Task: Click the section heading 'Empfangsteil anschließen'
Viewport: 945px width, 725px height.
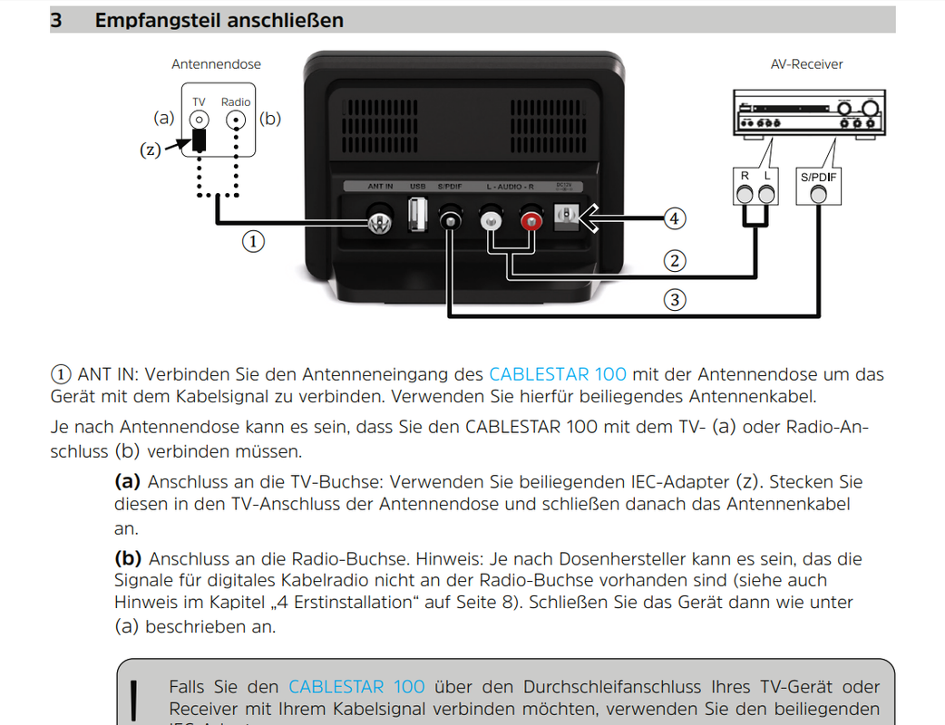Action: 219,20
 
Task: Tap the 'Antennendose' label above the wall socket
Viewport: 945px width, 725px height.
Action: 216,64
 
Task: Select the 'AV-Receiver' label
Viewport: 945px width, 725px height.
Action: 805,64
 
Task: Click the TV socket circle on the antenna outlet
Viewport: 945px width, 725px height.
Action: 199,120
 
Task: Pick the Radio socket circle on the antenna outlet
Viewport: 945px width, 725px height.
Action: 236,120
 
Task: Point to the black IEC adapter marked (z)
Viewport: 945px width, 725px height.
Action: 199,140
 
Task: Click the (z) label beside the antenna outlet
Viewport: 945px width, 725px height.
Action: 151,150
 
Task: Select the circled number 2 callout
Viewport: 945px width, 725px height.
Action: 674,261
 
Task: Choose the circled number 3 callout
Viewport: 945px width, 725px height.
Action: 674,299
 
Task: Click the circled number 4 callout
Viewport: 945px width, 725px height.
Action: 674,218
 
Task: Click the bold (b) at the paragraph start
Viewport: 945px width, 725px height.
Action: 128,559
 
